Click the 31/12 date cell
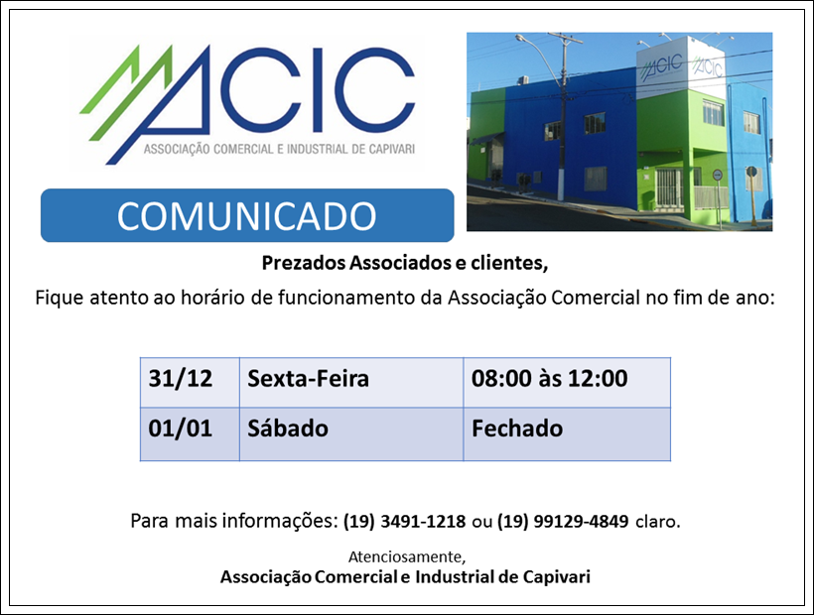click(190, 383)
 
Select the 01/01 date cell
click(190, 434)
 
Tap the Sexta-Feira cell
click(351, 383)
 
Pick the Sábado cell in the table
click(351, 434)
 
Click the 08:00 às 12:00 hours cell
click(567, 383)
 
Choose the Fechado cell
click(567, 434)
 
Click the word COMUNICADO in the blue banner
click(246, 215)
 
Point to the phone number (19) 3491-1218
click(404, 521)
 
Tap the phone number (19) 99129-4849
click(563, 521)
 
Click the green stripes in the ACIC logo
click(126, 92)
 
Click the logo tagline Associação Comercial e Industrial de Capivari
click(279, 150)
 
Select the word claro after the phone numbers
click(658, 521)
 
